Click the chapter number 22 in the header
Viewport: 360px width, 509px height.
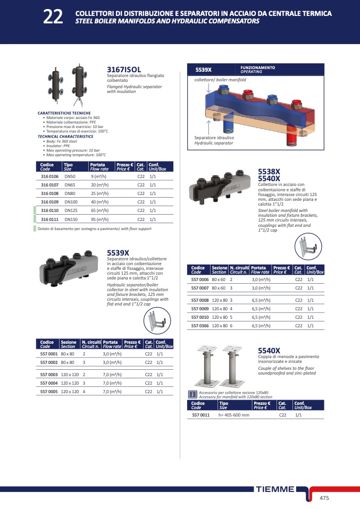click(53, 17)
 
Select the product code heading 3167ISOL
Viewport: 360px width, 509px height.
click(124, 70)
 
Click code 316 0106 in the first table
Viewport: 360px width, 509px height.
click(49, 176)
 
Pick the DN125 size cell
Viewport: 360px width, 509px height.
click(71, 210)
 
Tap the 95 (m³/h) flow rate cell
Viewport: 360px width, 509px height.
click(100, 219)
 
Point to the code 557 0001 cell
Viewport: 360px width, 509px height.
click(49, 354)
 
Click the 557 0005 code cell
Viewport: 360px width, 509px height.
click(49, 392)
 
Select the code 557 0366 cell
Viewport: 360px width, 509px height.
click(200, 326)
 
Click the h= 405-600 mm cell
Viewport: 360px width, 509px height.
click(234, 415)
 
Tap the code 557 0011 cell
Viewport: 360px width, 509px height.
click(201, 415)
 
